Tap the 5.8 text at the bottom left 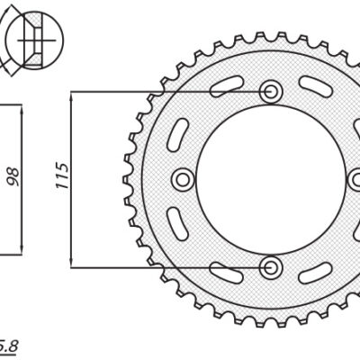coord(7,343)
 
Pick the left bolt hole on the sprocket coord(184,179)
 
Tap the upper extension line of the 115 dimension coord(162,93)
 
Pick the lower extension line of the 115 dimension coord(162,266)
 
